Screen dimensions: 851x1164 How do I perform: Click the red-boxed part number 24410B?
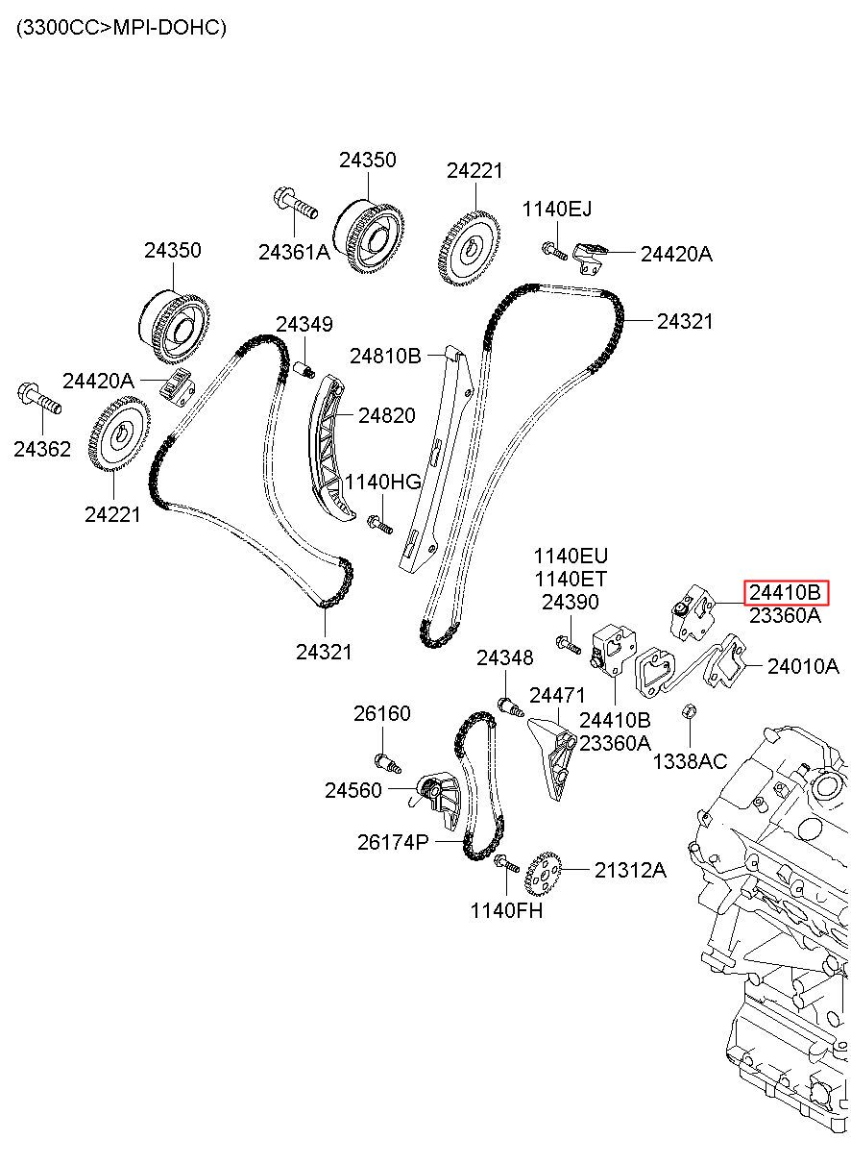point(785,592)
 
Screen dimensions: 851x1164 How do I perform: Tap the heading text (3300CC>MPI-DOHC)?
point(121,28)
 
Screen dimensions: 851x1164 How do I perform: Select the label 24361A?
point(295,252)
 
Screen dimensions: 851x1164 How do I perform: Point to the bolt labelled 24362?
point(39,399)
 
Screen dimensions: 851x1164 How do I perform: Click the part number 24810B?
point(385,356)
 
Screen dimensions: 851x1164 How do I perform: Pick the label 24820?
point(387,415)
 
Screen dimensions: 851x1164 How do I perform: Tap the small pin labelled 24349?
point(304,370)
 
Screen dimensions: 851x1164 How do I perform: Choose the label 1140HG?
point(382,483)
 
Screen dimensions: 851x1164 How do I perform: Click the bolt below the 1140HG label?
point(380,524)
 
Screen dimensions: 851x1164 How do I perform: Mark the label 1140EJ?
point(556,209)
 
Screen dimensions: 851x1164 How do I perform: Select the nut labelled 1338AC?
point(690,711)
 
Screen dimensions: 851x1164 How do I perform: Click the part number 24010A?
point(803,666)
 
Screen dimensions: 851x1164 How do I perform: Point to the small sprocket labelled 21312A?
point(543,873)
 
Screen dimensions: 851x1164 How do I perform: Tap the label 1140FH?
point(506,910)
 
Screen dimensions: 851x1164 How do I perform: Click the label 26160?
point(382,713)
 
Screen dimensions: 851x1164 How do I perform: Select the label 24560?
point(353,790)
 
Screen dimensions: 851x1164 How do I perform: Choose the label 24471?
point(557,695)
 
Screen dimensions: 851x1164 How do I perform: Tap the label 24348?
point(504,657)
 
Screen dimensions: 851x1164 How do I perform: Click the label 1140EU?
point(571,556)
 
